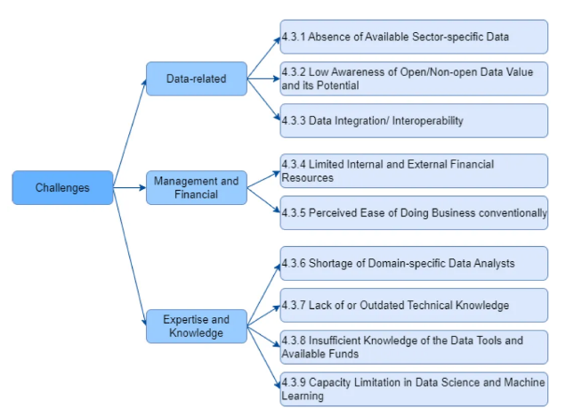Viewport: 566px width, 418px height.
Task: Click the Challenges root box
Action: click(x=62, y=187)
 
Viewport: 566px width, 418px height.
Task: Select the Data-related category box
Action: click(x=196, y=78)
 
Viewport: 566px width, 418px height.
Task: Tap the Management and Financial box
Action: click(x=196, y=187)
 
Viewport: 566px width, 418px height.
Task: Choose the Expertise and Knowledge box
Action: click(x=196, y=326)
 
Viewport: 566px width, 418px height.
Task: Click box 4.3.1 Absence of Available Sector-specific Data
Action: click(x=414, y=37)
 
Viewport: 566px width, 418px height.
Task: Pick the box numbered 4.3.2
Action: click(x=414, y=78)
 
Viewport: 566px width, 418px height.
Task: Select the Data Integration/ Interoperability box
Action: click(x=414, y=120)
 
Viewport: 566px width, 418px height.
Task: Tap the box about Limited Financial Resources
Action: click(x=414, y=170)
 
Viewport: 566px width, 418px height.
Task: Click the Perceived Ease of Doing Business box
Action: click(x=414, y=213)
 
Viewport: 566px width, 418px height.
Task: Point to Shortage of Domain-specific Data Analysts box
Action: click(x=414, y=264)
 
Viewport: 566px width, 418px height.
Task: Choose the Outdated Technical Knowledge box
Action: click(x=414, y=305)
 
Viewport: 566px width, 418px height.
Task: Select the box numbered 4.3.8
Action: click(x=414, y=347)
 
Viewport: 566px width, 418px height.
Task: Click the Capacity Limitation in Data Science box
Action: click(x=414, y=389)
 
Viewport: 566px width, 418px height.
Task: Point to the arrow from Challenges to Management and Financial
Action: click(x=130, y=187)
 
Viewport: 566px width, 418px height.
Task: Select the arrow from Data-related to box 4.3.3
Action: click(x=263, y=99)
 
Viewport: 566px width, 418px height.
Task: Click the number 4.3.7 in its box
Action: click(x=294, y=306)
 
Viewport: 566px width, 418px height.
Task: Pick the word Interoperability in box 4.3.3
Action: click(x=424, y=120)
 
